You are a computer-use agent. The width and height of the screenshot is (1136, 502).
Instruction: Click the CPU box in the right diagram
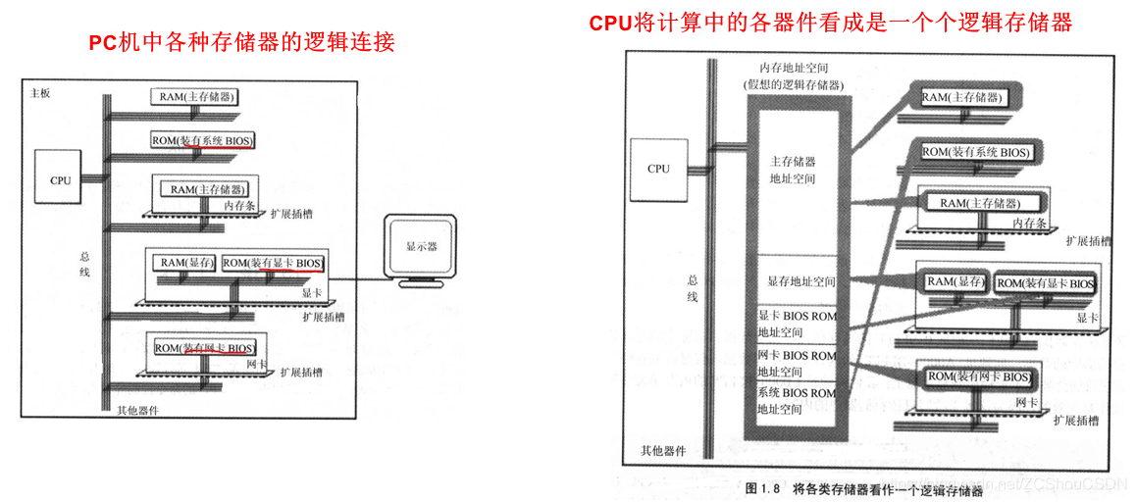pyautogui.click(x=658, y=169)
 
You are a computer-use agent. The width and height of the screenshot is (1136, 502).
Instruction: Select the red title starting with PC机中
pyautogui.click(x=241, y=42)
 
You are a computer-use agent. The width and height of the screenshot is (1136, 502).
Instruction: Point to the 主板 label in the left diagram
pyautogui.click(x=40, y=93)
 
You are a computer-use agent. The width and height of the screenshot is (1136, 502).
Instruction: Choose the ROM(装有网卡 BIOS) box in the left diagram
pyautogui.click(x=204, y=348)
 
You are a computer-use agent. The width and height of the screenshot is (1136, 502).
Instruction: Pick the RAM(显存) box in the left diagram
pyautogui.click(x=186, y=263)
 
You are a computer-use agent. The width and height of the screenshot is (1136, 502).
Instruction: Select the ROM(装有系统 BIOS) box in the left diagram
pyautogui.click(x=202, y=140)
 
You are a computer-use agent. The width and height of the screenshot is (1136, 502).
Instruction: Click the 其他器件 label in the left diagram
pyautogui.click(x=137, y=411)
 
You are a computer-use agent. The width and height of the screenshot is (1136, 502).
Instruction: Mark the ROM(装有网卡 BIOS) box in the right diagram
pyautogui.click(x=979, y=376)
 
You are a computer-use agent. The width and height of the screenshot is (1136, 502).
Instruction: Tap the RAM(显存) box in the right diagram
pyautogui.click(x=955, y=282)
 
